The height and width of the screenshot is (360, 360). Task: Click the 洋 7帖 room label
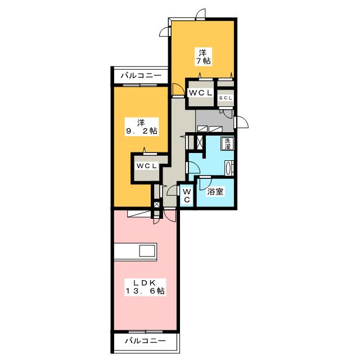204,57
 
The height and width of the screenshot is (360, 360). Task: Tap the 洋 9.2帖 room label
142,127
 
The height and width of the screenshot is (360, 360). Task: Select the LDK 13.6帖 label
145,287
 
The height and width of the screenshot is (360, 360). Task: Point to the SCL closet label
226,98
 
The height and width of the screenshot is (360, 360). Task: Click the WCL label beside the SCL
200,93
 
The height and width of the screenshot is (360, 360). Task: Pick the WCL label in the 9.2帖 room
147,166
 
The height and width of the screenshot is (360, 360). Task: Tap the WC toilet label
187,196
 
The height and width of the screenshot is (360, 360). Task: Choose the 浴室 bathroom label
215,191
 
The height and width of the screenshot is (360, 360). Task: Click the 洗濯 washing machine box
227,144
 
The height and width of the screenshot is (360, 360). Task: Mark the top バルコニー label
141,75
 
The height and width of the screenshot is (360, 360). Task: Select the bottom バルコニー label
145,340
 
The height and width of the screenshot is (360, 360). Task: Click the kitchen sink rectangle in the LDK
147,251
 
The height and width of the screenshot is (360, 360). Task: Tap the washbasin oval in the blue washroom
228,168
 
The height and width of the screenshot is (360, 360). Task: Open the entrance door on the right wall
241,122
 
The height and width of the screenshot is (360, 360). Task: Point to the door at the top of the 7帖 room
200,14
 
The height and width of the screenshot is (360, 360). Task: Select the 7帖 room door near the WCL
178,89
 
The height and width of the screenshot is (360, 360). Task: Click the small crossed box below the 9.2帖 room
156,205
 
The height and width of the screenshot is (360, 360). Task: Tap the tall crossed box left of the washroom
200,142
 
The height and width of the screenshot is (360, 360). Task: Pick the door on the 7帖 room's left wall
165,31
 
